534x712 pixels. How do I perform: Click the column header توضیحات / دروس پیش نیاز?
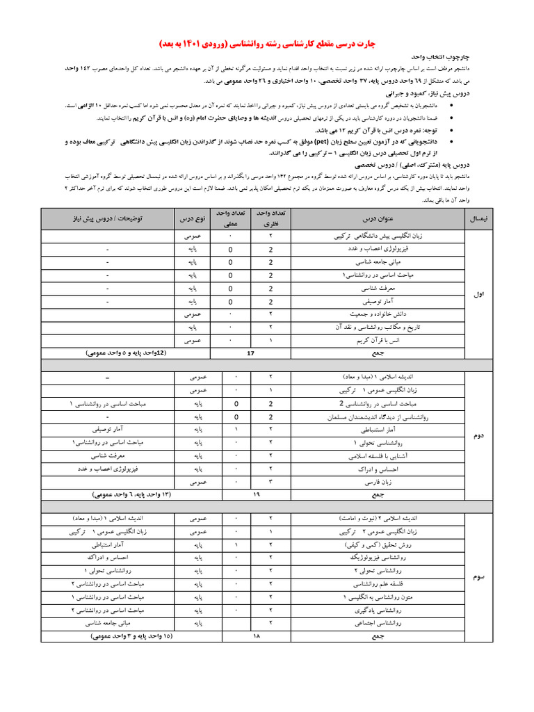coord(108,218)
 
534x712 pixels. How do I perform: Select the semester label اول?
coord(478,295)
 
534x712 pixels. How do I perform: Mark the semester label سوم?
coord(478,577)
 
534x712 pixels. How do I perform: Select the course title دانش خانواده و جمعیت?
coord(361,314)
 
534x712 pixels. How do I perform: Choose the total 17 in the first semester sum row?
coord(251,353)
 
